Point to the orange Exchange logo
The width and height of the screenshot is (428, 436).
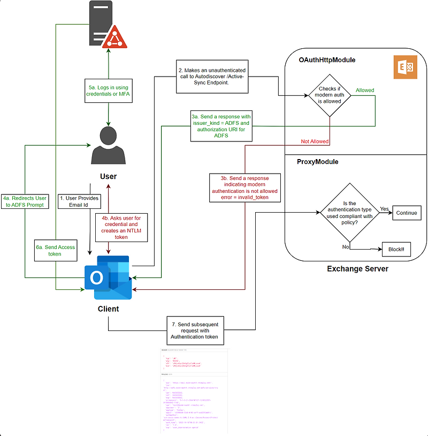tap(405, 67)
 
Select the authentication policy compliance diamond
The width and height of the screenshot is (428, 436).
tap(350, 212)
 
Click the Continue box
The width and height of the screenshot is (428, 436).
tap(407, 213)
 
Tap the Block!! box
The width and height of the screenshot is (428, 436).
tap(396, 250)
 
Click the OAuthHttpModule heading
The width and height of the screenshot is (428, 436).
tap(327, 61)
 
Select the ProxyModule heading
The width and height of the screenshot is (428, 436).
tap(318, 162)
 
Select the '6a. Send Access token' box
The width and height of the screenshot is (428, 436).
tap(55, 250)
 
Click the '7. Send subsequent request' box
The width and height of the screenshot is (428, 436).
tap(194, 330)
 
